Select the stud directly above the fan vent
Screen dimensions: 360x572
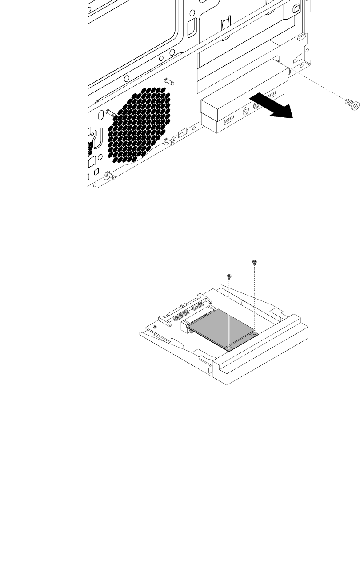pos(168,81)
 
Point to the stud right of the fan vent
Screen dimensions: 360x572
pos(169,142)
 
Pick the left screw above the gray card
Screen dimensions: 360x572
pos(229,277)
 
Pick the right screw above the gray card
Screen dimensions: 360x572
pos(254,262)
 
